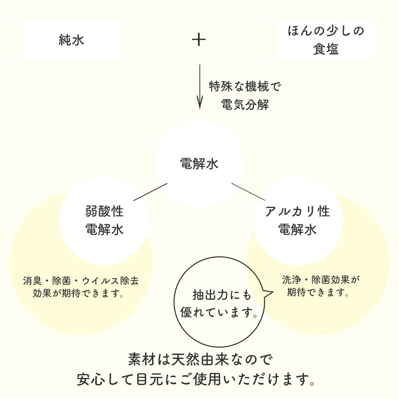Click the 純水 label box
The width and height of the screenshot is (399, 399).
[x=71, y=40]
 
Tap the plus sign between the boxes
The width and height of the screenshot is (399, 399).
[x=199, y=40]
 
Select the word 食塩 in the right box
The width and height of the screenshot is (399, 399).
[x=326, y=49]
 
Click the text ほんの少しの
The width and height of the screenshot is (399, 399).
[x=326, y=31]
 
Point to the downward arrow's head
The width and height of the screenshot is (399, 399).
[x=200, y=104]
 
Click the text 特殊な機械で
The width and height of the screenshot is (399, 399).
[x=245, y=86]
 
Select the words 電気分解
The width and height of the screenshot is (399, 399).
[x=245, y=105]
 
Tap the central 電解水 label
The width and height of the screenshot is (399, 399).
[x=199, y=164]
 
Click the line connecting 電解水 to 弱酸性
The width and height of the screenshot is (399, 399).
[x=151, y=192]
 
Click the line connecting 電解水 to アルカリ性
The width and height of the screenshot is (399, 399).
[x=248, y=192]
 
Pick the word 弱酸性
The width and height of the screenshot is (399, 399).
[x=104, y=211]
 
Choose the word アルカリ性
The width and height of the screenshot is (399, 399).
[x=297, y=211]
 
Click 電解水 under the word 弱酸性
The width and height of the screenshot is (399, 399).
[x=104, y=229]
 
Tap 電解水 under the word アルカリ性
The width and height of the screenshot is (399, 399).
[x=297, y=229]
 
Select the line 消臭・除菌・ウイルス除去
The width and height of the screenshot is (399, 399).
[x=81, y=281]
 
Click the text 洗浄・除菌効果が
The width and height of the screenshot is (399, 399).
[x=321, y=280]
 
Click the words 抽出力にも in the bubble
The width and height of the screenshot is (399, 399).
[x=222, y=295]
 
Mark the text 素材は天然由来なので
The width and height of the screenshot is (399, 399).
[x=200, y=360]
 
